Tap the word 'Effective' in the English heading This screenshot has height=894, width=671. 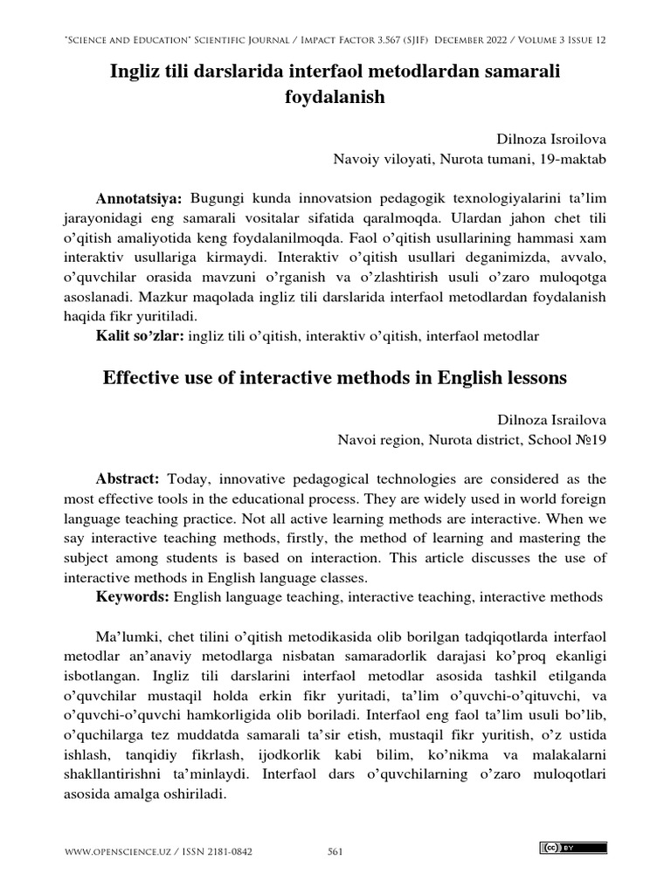[139, 378]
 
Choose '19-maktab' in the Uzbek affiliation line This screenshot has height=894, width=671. [575, 160]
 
